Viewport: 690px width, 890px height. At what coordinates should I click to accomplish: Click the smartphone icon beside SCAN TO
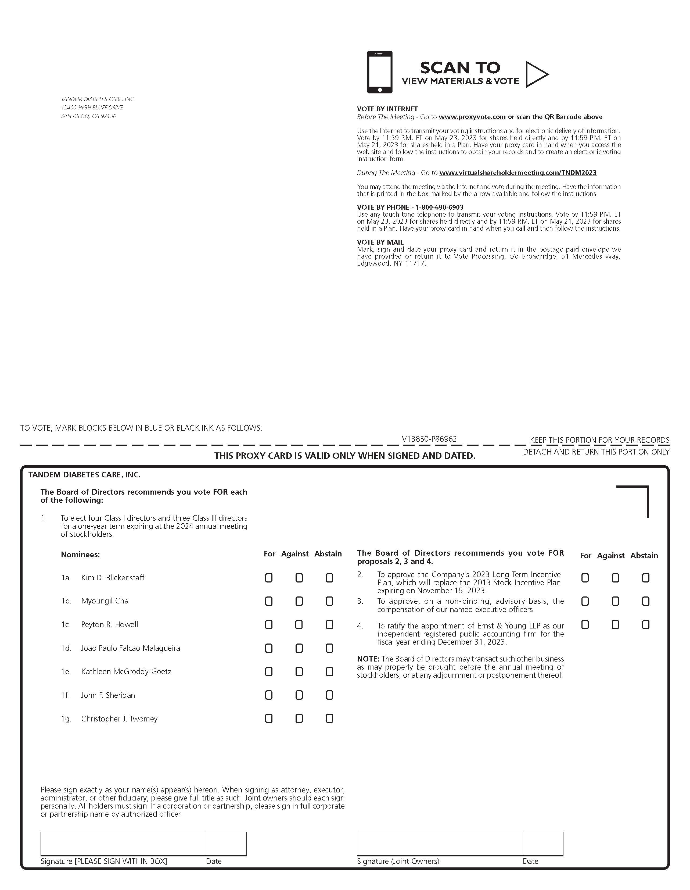tap(380, 72)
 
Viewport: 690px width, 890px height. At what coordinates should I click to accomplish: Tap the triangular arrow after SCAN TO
tap(536, 74)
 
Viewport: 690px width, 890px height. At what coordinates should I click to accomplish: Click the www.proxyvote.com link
tap(472, 117)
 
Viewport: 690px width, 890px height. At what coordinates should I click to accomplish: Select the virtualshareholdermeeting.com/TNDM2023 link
tap(518, 173)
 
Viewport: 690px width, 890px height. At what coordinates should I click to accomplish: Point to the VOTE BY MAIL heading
tap(380, 242)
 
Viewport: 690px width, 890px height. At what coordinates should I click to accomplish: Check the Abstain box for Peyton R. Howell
tap(329, 625)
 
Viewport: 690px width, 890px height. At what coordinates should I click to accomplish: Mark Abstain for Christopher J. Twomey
tap(329, 719)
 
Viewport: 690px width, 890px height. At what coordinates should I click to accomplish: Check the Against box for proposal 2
tap(615, 578)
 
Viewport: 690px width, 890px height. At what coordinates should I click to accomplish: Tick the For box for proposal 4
tap(585, 625)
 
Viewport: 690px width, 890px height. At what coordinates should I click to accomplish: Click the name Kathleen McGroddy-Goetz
tap(126, 671)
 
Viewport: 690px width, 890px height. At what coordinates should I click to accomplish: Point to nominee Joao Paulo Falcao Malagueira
tap(130, 648)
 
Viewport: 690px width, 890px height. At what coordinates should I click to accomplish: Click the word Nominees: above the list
tap(80, 555)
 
